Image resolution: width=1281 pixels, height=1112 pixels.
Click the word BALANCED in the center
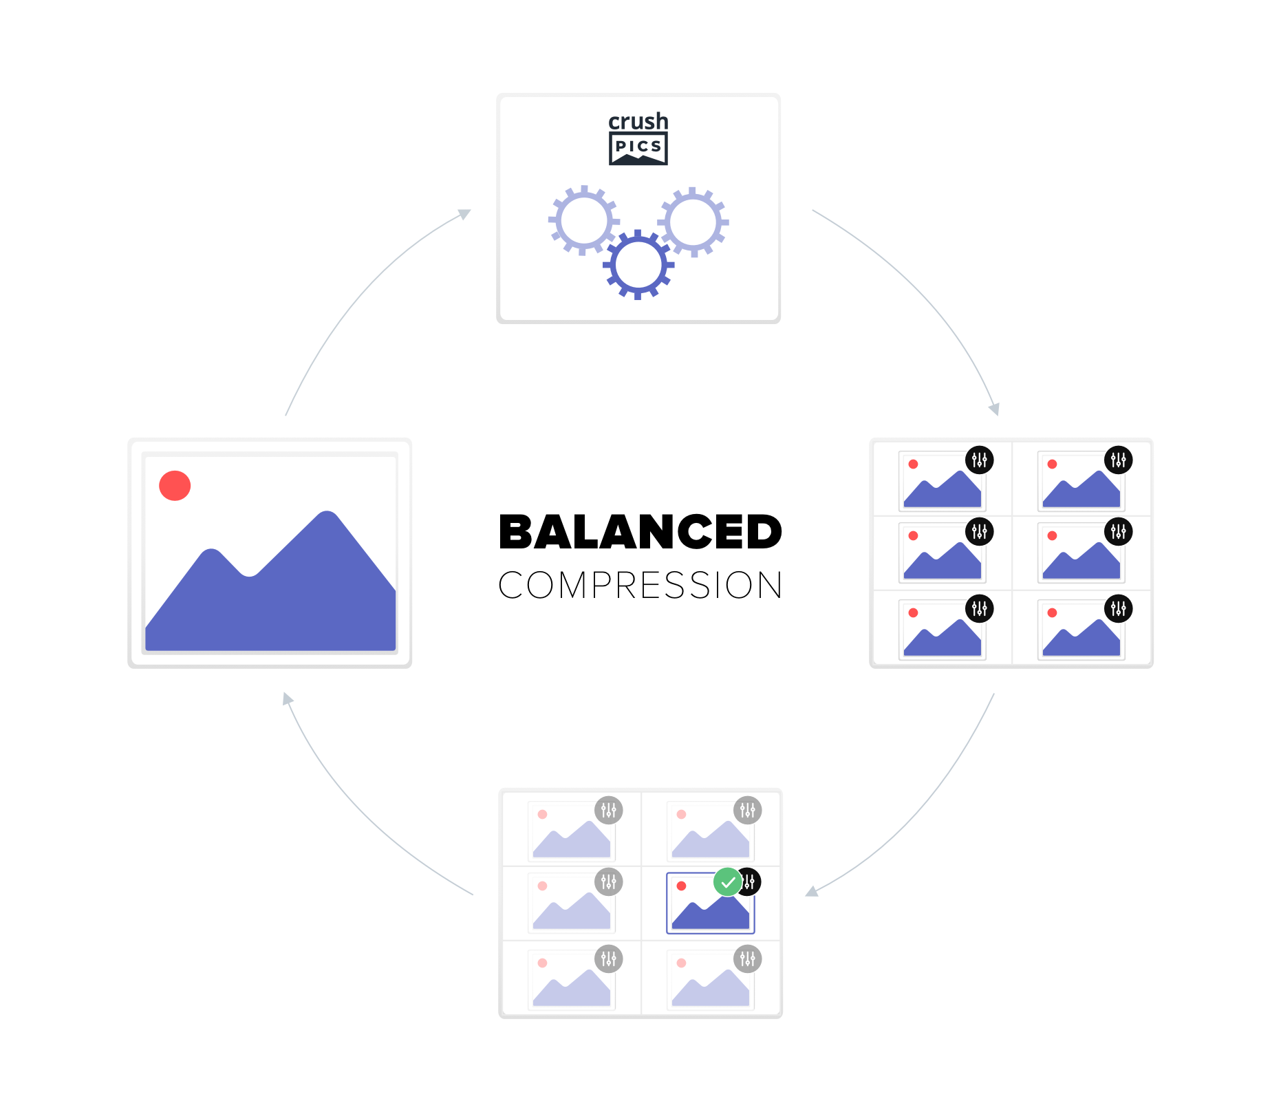pyautogui.click(x=640, y=532)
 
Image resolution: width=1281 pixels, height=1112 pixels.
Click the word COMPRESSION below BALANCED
pyautogui.click(x=640, y=586)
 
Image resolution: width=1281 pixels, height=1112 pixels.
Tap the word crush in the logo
pyautogui.click(x=638, y=122)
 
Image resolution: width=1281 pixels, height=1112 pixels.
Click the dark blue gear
pyautogui.click(x=638, y=265)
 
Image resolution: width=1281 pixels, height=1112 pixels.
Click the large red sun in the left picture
pyautogui.click(x=175, y=486)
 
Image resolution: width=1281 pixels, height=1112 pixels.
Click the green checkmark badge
pyautogui.click(x=728, y=882)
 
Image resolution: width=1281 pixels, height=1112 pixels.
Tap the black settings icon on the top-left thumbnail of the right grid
pyautogui.click(x=979, y=460)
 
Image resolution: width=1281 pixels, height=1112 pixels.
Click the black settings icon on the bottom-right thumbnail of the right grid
pyautogui.click(x=1118, y=609)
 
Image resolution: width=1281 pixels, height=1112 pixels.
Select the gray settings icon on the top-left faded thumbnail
pyautogui.click(x=609, y=811)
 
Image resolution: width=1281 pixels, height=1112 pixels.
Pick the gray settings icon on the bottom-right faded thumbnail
pyautogui.click(x=748, y=959)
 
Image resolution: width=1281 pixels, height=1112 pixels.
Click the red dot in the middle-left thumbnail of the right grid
pyautogui.click(x=914, y=535)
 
